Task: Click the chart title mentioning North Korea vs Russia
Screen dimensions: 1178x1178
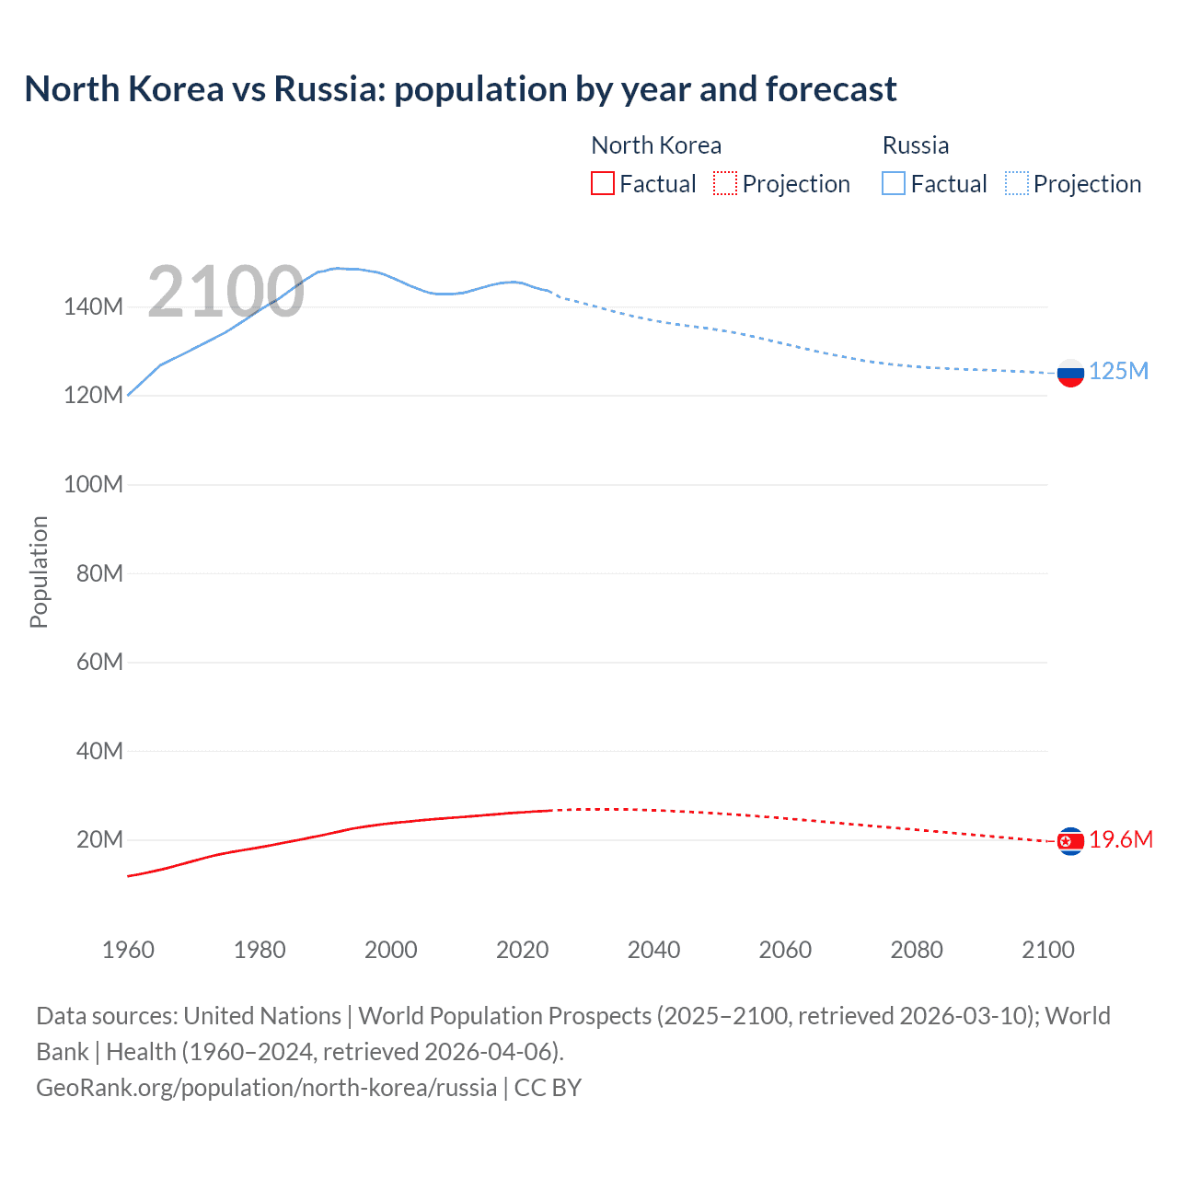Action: pyautogui.click(x=460, y=89)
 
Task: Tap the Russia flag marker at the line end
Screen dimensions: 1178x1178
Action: pyautogui.click(x=1070, y=373)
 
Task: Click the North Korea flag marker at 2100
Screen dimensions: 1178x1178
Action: pyautogui.click(x=1070, y=841)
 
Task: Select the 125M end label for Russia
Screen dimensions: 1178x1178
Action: pyautogui.click(x=1118, y=371)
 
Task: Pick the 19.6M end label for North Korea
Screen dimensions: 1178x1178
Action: pyautogui.click(x=1120, y=839)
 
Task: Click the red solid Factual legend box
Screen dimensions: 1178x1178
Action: pyautogui.click(x=603, y=184)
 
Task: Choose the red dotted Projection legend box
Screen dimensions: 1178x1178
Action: pyautogui.click(x=725, y=184)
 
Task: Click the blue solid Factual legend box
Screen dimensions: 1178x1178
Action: pyautogui.click(x=894, y=184)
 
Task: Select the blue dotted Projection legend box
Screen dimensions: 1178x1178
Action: pyautogui.click(x=1017, y=184)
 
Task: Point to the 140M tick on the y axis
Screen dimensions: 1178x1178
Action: pyautogui.click(x=93, y=307)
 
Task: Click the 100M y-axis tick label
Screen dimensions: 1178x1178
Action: pyautogui.click(x=93, y=485)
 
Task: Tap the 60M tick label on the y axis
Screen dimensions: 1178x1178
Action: pyautogui.click(x=99, y=663)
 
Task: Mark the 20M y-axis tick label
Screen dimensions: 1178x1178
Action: pyautogui.click(x=99, y=840)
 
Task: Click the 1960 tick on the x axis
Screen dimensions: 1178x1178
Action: pyautogui.click(x=128, y=950)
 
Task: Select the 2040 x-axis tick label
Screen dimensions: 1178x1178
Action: pyautogui.click(x=653, y=950)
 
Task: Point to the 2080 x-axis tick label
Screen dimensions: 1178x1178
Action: pyautogui.click(x=917, y=950)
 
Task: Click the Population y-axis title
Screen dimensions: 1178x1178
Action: pyautogui.click(x=39, y=572)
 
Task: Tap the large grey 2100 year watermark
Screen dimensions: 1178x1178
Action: pyautogui.click(x=225, y=292)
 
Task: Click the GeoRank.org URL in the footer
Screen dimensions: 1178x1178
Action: pyautogui.click(x=267, y=1088)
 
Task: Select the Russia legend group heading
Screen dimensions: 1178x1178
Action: pyautogui.click(x=915, y=145)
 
